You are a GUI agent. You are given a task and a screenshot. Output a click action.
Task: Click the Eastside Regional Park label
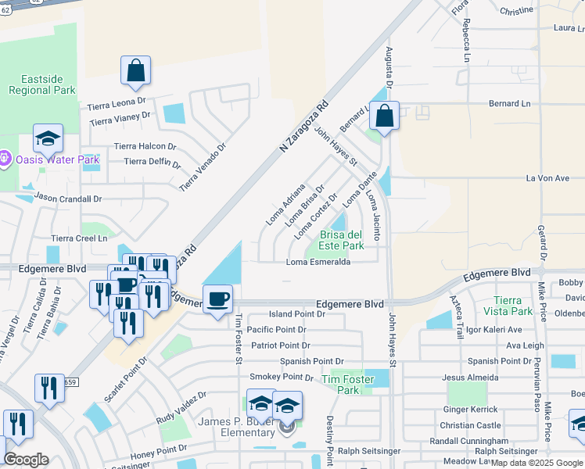click(x=41, y=84)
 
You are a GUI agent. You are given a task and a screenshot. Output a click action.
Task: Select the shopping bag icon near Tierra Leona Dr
click(x=135, y=70)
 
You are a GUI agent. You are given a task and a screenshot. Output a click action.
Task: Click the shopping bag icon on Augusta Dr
click(x=385, y=116)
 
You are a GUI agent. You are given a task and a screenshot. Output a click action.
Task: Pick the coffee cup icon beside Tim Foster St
click(x=217, y=298)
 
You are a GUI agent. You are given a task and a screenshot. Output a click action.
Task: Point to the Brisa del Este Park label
click(x=343, y=240)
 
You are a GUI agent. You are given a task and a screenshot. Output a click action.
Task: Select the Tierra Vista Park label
click(x=519, y=306)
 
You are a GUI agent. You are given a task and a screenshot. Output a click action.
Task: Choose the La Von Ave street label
click(x=547, y=178)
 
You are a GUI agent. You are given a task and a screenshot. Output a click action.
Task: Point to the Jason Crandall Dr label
click(x=68, y=199)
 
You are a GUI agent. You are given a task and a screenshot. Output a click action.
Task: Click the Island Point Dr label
click(x=296, y=314)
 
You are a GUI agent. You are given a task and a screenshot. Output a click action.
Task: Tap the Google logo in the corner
click(x=26, y=460)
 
